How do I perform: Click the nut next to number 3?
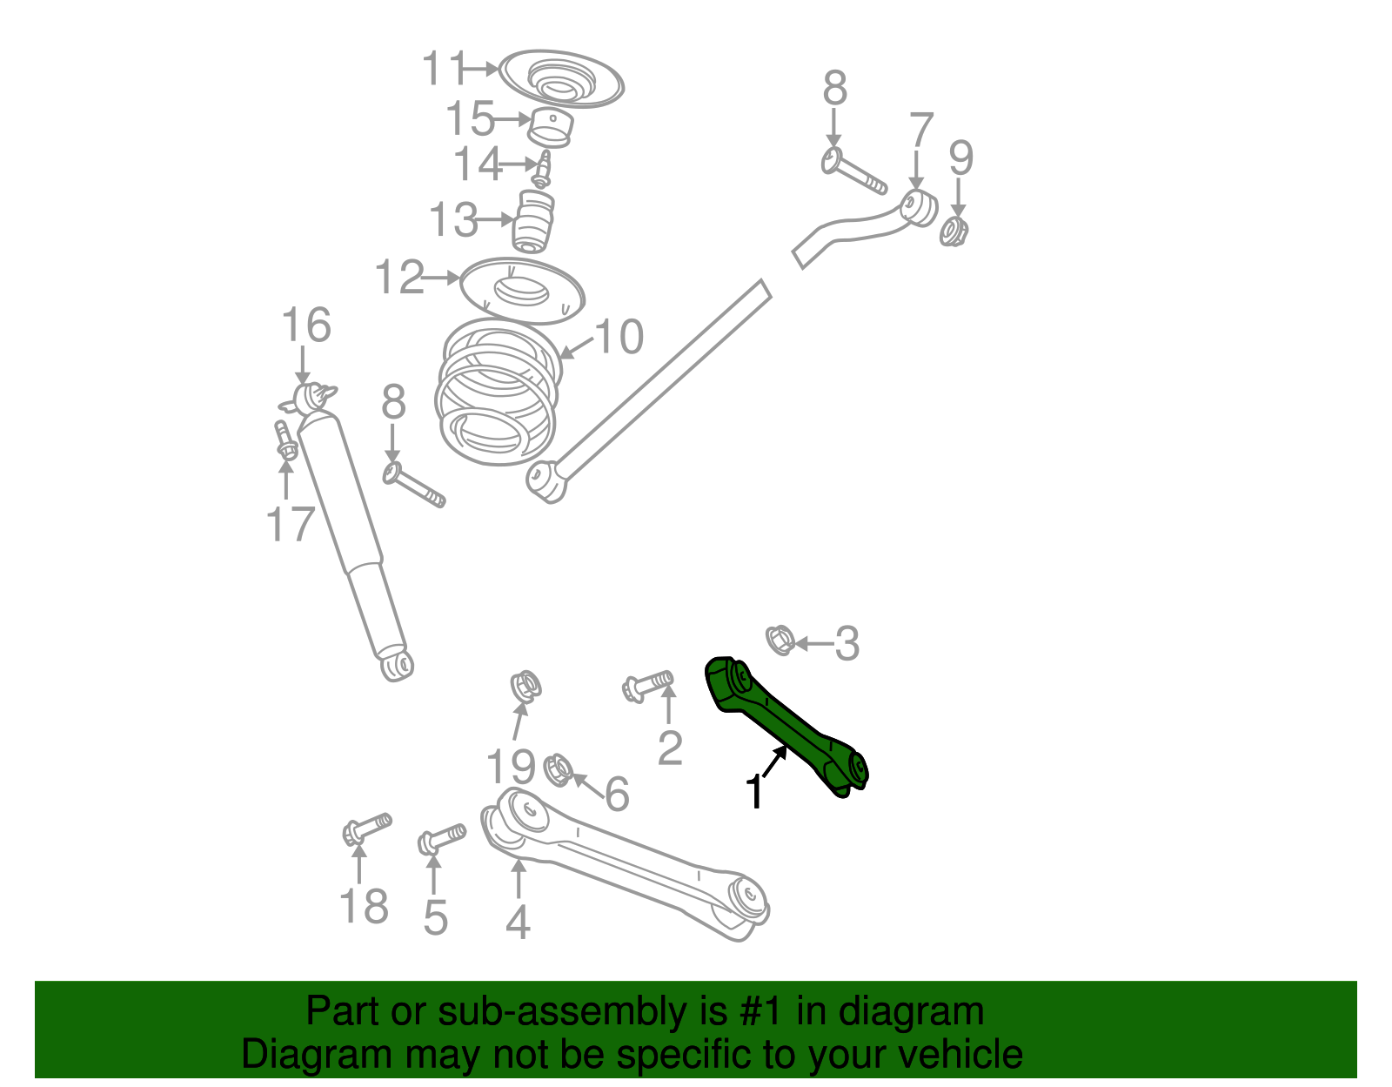point(779,640)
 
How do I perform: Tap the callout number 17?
point(290,525)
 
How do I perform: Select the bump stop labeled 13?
point(533,221)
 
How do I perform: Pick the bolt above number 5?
point(441,839)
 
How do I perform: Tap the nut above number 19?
point(525,685)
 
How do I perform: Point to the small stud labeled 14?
point(542,169)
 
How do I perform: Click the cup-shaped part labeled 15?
point(552,128)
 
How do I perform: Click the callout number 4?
point(518,923)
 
